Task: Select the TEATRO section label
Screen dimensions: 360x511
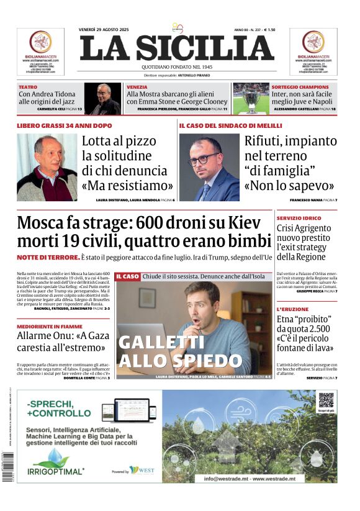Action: (28, 87)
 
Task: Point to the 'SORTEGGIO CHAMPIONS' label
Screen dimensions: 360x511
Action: (296, 87)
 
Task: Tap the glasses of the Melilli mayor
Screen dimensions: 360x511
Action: (204, 159)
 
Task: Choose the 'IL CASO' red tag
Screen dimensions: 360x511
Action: (127, 276)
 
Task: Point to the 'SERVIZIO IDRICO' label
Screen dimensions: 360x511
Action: (299, 219)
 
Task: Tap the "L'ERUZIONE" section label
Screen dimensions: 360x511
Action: (293, 309)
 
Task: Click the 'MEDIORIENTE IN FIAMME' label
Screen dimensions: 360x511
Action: (50, 326)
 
